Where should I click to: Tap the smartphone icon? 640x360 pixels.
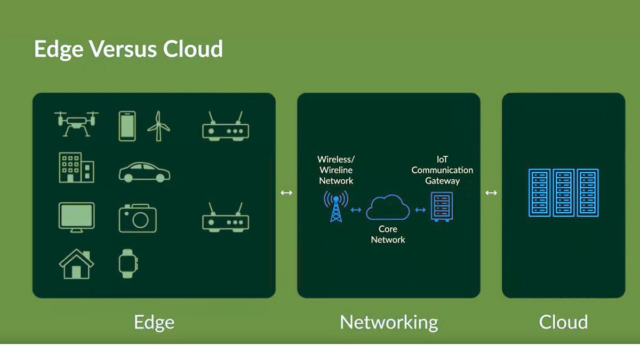(x=127, y=126)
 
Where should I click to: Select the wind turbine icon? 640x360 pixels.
(x=158, y=126)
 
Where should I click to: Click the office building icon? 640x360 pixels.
(x=76, y=167)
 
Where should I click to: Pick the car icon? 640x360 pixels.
(x=144, y=172)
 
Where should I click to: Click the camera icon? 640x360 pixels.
(x=138, y=218)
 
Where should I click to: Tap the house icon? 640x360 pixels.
(x=76, y=263)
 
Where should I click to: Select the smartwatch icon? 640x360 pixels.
(x=128, y=263)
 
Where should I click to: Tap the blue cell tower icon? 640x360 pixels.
(x=335, y=206)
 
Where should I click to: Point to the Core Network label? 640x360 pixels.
(x=388, y=234)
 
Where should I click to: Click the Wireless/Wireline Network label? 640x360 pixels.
(x=336, y=170)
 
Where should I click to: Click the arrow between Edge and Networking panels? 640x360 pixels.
(x=286, y=193)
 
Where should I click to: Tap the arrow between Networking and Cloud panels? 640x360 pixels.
(x=491, y=193)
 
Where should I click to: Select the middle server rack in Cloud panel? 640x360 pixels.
(x=563, y=193)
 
